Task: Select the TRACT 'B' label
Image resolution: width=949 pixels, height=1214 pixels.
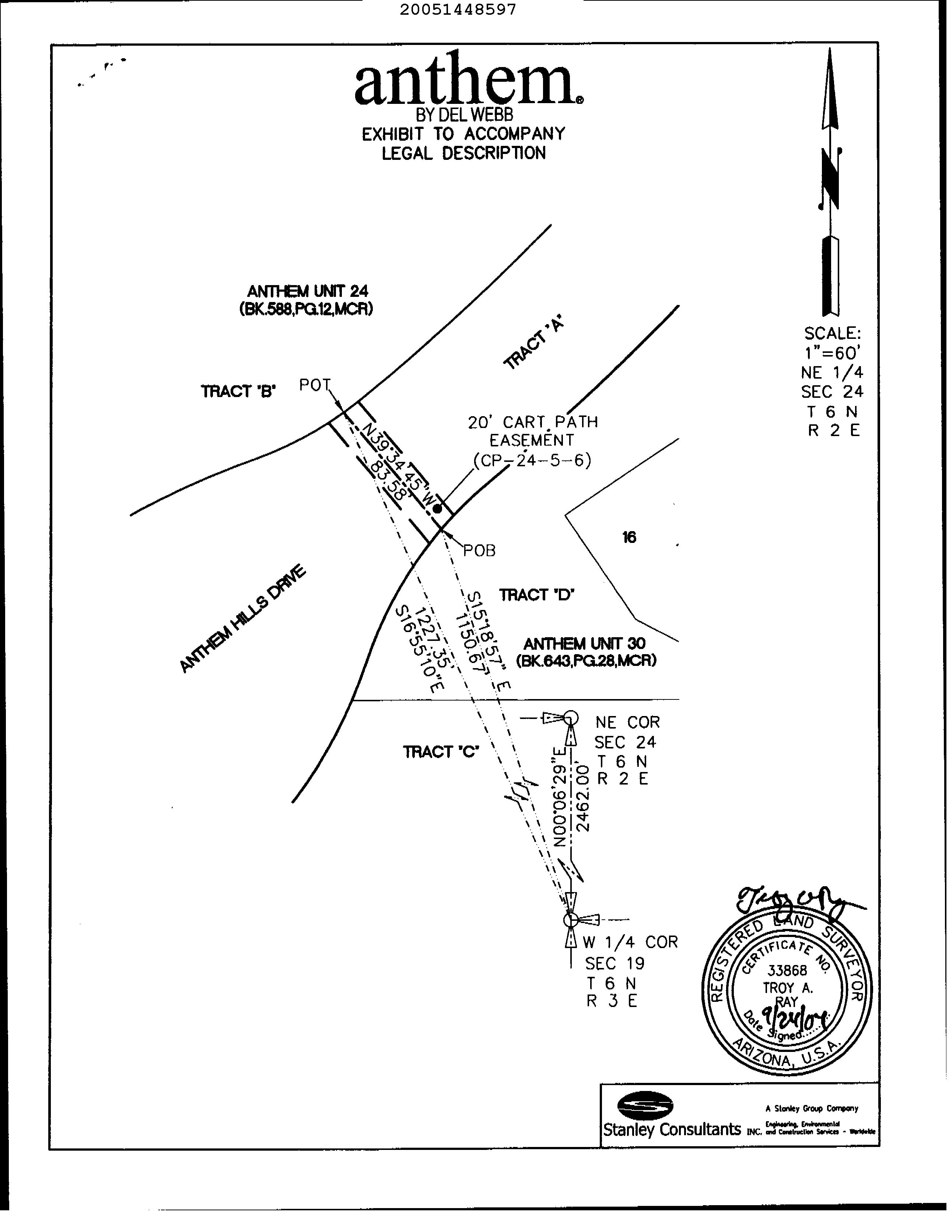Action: [x=238, y=392]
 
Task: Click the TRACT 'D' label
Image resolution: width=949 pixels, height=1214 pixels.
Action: [x=536, y=595]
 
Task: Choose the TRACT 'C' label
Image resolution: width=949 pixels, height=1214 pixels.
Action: [x=441, y=752]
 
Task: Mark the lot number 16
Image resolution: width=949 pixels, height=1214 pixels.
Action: [x=629, y=537]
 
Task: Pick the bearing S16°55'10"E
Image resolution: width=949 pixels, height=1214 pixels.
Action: [x=418, y=649]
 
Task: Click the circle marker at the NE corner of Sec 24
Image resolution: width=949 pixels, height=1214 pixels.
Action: [x=570, y=719]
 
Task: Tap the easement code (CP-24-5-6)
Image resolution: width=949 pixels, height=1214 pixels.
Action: [x=532, y=460]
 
